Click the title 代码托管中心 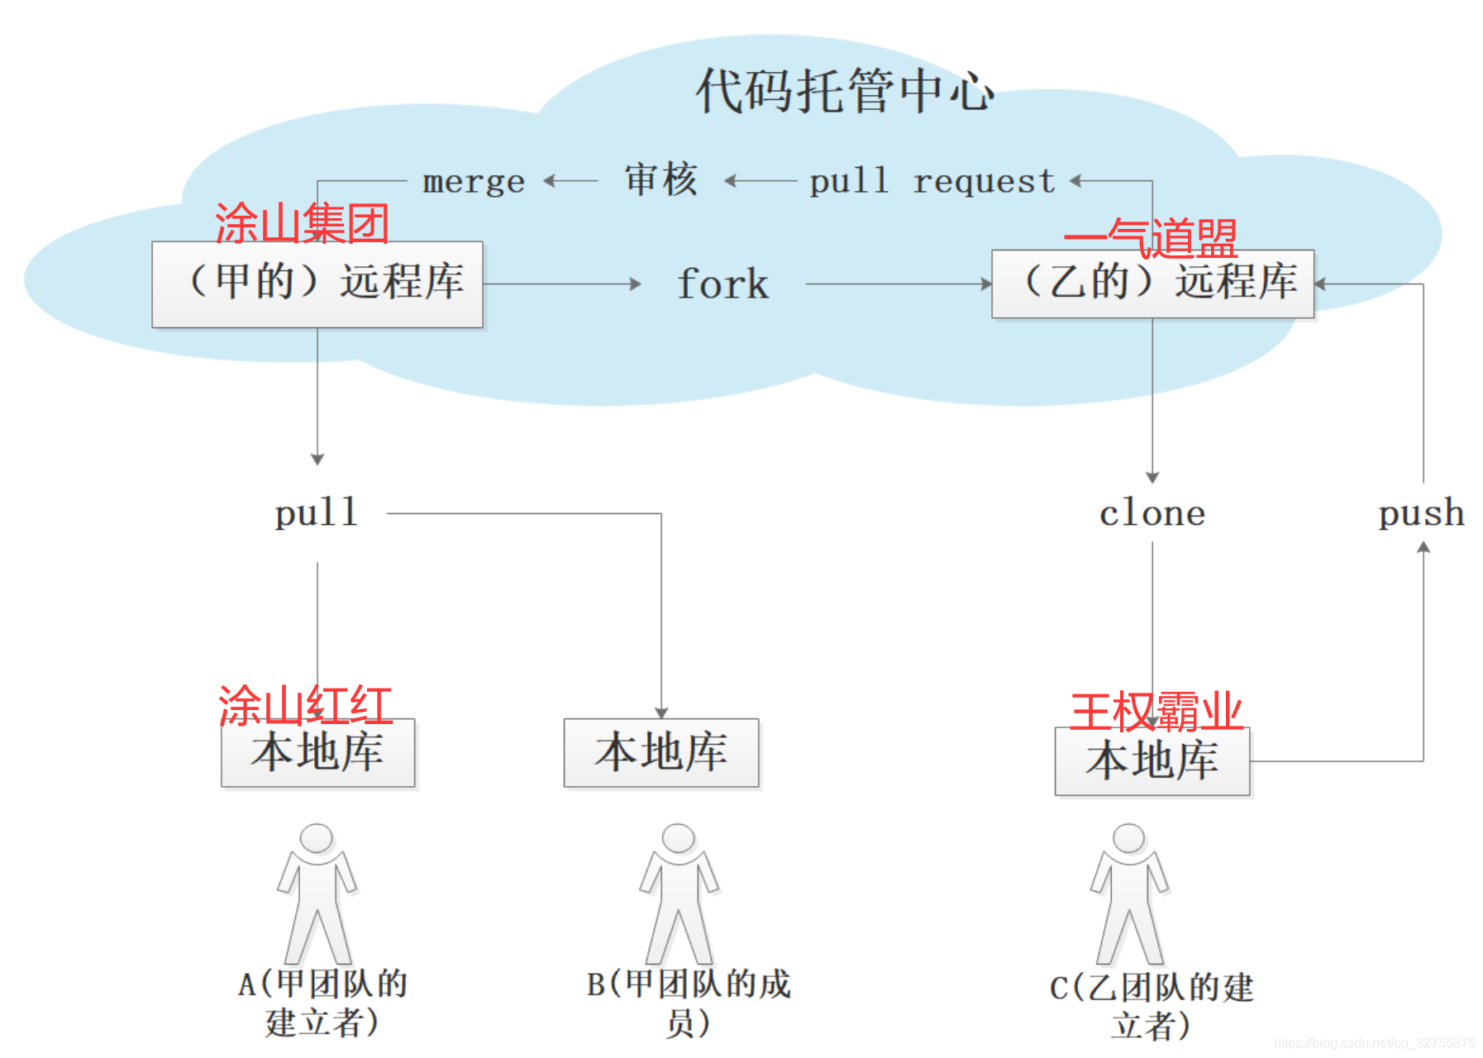(844, 90)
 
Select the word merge (474, 181)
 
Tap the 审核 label (660, 179)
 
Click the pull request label (932, 181)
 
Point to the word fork (722, 284)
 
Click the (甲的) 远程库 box (317, 284)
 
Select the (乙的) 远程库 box (1152, 284)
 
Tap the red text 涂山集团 (302, 223)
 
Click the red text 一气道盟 (1151, 238)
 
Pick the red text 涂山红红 (305, 706)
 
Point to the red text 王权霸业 (1156, 711)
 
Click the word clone (1152, 513)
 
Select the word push (1421, 513)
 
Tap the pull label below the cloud (317, 513)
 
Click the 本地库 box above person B (660, 752)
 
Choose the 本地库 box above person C (1152, 761)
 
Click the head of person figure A (317, 837)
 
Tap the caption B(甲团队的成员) (688, 1003)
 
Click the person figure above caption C (1129, 893)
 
